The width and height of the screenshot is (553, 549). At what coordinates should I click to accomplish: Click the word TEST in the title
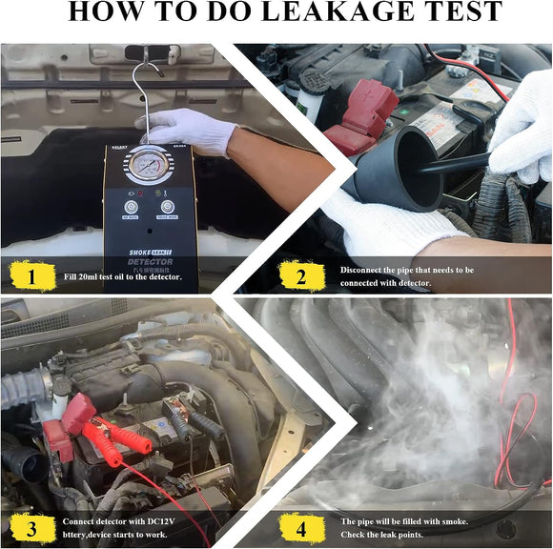457,13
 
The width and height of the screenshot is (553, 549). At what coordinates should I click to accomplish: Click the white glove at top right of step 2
523,129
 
